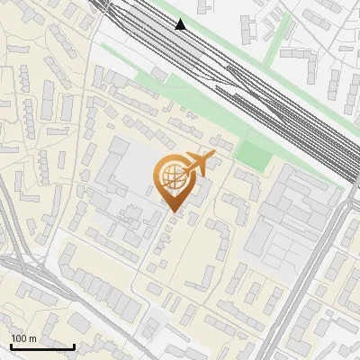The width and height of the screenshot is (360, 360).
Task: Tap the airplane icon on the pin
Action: click(199, 165)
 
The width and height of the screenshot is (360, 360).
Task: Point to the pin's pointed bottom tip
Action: click(173, 212)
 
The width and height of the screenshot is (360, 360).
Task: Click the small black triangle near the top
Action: click(180, 24)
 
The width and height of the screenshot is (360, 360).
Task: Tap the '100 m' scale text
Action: click(23, 338)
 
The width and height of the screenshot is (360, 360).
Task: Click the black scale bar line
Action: click(42, 346)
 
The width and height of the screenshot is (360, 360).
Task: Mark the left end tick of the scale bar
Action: click(11, 346)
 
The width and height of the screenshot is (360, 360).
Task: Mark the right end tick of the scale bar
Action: click(74, 346)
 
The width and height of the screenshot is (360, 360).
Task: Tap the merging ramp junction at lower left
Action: click(22, 270)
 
